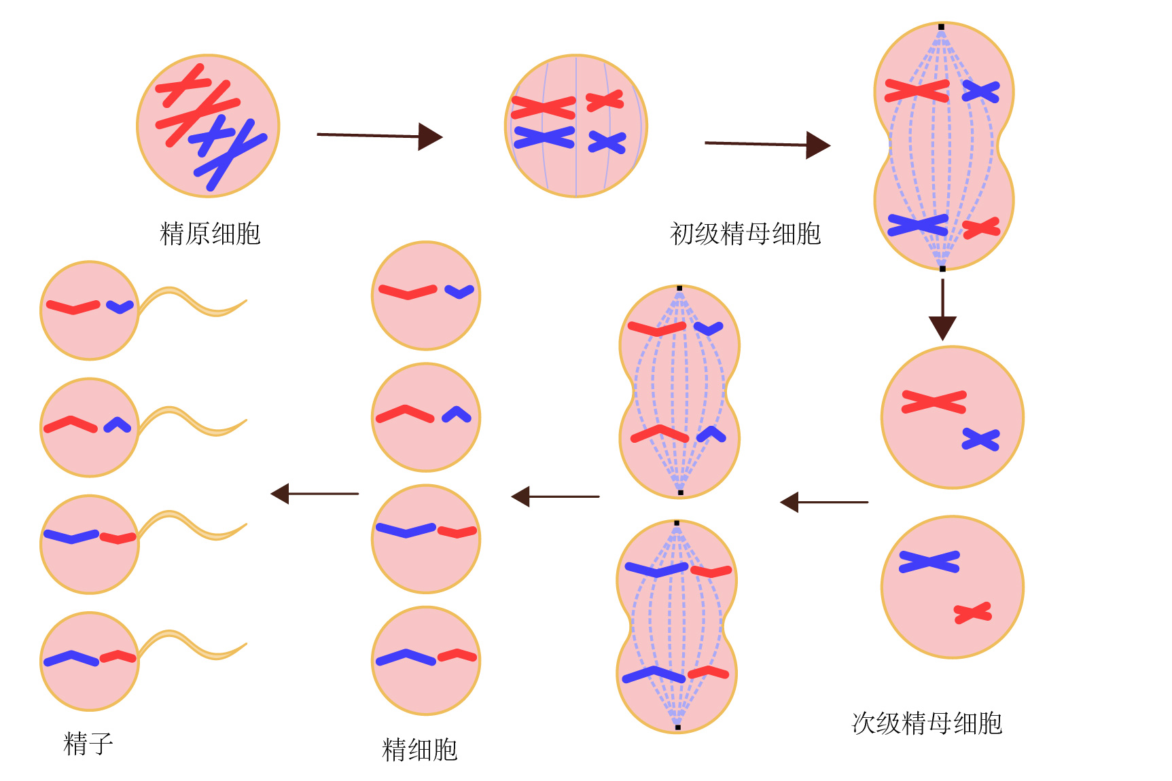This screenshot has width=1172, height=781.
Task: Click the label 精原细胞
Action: click(x=210, y=234)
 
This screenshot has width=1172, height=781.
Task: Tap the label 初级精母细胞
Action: click(x=745, y=234)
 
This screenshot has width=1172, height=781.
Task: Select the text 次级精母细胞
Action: click(x=927, y=723)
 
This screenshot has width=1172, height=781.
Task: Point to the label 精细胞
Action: click(x=420, y=750)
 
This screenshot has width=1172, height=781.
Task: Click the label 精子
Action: click(x=88, y=744)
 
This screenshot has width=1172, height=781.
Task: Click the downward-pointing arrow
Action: click(x=942, y=309)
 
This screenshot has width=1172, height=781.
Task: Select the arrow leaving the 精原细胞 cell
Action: click(x=380, y=136)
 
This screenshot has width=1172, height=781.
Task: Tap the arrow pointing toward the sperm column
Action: click(x=315, y=494)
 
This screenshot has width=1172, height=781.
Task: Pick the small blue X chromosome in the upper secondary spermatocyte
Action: click(x=980, y=439)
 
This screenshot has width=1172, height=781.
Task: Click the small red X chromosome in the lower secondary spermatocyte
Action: click(x=973, y=613)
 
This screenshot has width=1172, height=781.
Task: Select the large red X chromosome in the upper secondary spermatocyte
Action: click(x=934, y=402)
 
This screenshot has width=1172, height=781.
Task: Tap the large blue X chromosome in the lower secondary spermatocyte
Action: click(x=929, y=562)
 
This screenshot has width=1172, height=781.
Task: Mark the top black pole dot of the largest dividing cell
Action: click(x=941, y=27)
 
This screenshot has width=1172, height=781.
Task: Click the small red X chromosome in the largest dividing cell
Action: click(x=981, y=228)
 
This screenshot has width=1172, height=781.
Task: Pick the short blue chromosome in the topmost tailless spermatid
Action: click(x=459, y=292)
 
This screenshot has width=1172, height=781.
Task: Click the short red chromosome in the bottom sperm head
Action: click(x=118, y=657)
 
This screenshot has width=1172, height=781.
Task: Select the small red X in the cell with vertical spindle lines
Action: click(x=605, y=101)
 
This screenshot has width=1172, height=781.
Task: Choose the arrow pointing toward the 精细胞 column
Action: click(x=555, y=496)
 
